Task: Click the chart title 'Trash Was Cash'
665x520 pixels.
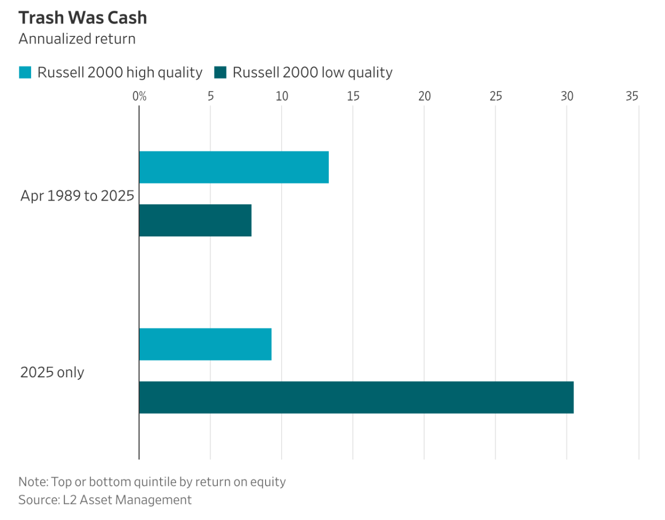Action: (82, 18)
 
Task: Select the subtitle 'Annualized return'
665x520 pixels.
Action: (77, 39)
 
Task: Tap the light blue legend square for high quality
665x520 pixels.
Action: (25, 72)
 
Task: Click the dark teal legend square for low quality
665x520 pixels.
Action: (220, 72)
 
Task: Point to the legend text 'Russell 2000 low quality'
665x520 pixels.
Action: (312, 72)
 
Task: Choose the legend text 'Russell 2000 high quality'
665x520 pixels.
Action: (120, 72)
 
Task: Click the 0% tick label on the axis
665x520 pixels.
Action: (139, 96)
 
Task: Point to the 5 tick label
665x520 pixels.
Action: (210, 96)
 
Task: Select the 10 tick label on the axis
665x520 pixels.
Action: (282, 96)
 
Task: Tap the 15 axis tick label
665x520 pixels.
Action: (353, 96)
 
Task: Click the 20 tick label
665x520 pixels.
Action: (424, 96)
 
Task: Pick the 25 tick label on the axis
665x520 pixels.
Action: (495, 96)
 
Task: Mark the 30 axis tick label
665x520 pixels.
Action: (566, 96)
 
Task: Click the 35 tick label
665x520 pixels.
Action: (632, 96)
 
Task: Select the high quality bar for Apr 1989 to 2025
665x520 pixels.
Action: (234, 167)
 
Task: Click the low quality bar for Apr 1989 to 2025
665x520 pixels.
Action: (195, 220)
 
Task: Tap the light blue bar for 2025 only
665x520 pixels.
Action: (205, 344)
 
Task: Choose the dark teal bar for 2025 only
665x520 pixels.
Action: (356, 397)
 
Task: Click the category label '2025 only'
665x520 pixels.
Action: (52, 372)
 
